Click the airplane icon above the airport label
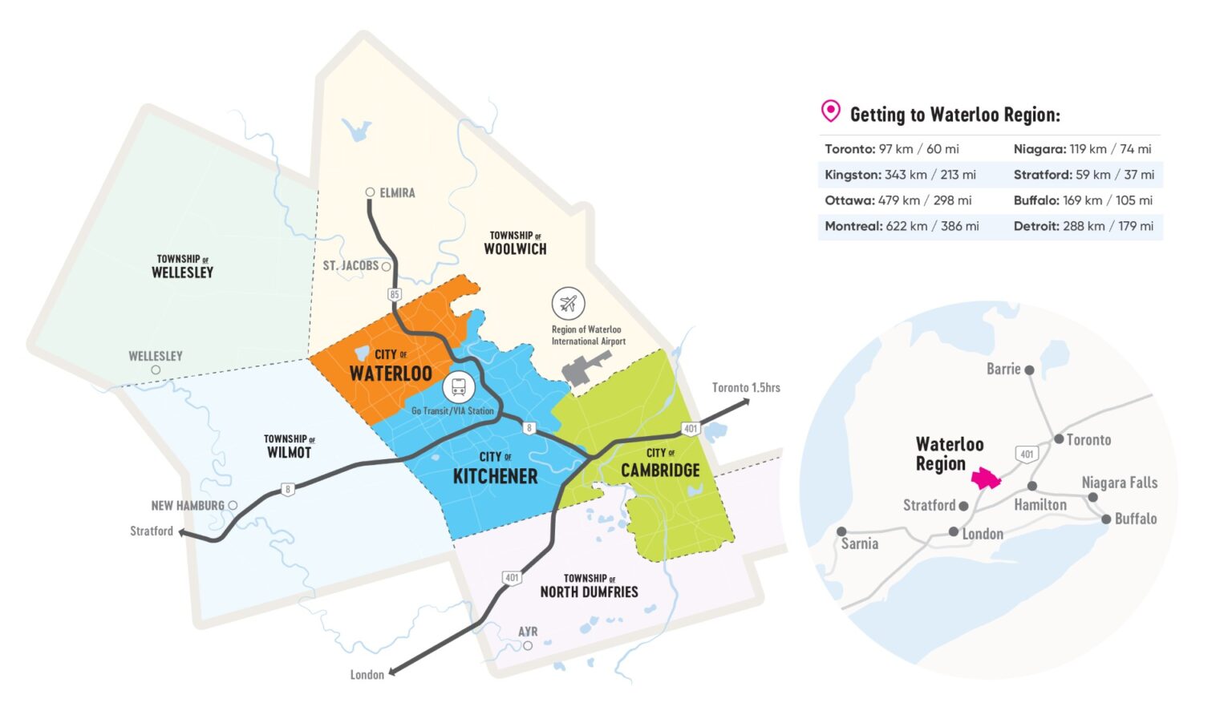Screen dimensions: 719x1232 568,304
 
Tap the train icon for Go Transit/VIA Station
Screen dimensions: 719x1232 458,388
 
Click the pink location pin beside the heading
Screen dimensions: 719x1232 831,111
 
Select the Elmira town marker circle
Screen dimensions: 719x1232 370,192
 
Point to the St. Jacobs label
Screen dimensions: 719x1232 351,265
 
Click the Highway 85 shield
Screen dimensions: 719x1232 394,294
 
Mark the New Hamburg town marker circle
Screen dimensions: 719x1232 233,505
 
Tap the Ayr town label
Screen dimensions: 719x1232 528,632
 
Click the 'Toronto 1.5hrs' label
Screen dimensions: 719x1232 746,388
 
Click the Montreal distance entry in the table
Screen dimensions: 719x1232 902,226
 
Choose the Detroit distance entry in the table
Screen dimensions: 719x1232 1083,226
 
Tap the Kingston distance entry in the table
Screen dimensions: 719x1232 900,175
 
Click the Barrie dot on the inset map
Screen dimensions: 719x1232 1029,370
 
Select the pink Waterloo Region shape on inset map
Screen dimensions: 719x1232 986,479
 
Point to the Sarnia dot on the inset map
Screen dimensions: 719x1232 841,531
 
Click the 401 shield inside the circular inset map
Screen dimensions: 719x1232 1027,454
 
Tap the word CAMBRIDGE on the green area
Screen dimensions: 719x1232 660,471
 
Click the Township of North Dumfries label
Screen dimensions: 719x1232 589,586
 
